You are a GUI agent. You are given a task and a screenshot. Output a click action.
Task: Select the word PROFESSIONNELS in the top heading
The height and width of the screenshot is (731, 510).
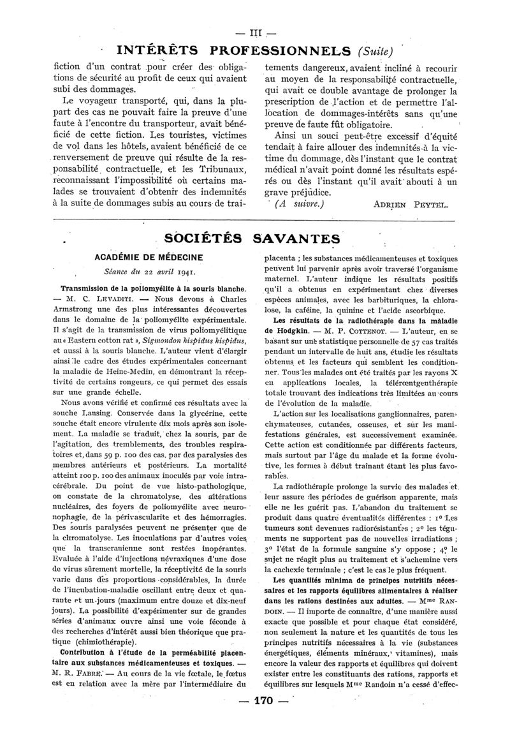[x=281, y=50]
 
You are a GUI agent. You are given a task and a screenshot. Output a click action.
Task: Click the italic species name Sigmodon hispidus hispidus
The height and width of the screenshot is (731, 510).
[x=185, y=341]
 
